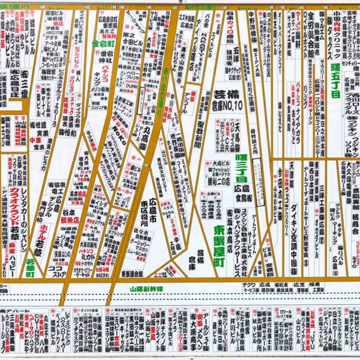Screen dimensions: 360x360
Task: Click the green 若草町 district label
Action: pyautogui.click(x=30, y=268)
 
